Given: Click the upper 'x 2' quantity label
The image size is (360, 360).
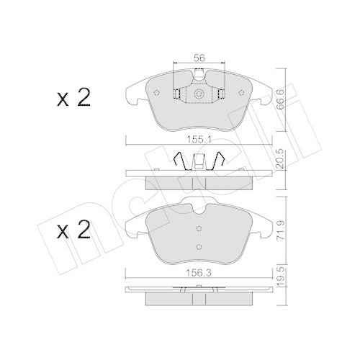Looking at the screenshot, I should (73, 99).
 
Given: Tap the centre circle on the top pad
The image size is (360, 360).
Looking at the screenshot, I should (197, 94).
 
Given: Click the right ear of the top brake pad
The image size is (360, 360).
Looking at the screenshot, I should (264, 93).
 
